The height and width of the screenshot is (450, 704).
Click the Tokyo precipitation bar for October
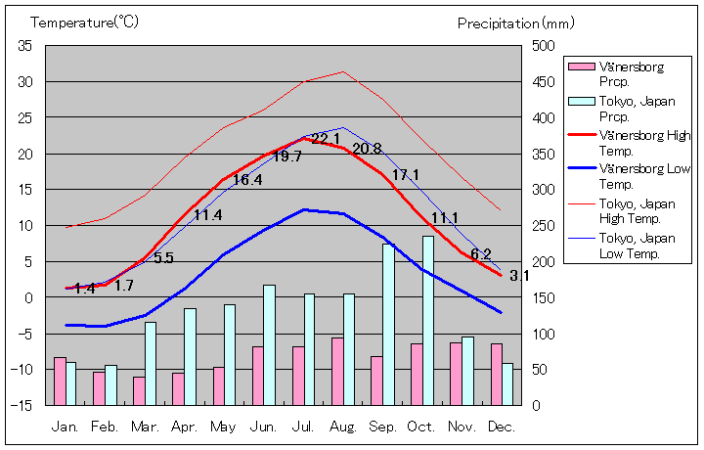428,320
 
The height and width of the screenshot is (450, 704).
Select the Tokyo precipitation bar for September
388,324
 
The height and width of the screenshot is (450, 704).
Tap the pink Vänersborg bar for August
337,371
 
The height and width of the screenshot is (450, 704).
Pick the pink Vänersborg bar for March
139,390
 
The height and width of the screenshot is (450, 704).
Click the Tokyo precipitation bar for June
269,344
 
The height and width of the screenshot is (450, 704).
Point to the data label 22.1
326,139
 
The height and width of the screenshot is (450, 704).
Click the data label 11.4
207,215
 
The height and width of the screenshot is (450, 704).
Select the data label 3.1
519,276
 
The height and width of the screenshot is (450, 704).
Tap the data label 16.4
246,180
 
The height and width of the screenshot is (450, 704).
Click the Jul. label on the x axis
303,427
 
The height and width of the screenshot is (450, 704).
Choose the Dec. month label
502,427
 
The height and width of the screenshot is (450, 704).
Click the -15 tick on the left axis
22,405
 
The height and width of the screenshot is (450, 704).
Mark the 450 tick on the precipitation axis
543,82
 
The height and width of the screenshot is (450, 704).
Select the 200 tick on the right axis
543,261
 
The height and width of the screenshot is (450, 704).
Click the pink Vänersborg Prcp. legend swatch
581,67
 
